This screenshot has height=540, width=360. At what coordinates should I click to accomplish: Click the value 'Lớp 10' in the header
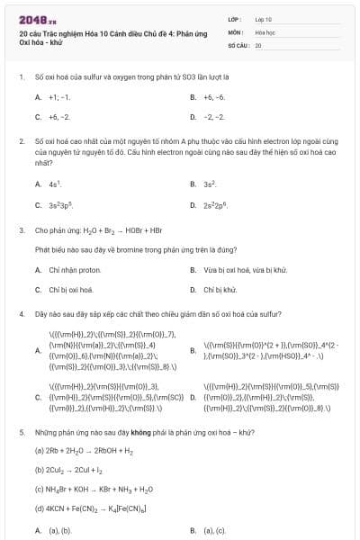tap(263, 18)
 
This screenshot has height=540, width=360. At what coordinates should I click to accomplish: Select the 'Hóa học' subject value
tap(264, 31)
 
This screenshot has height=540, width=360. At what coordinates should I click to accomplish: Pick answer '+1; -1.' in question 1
tap(59, 96)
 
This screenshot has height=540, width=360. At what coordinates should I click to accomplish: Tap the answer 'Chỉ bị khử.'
tap(220, 290)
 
